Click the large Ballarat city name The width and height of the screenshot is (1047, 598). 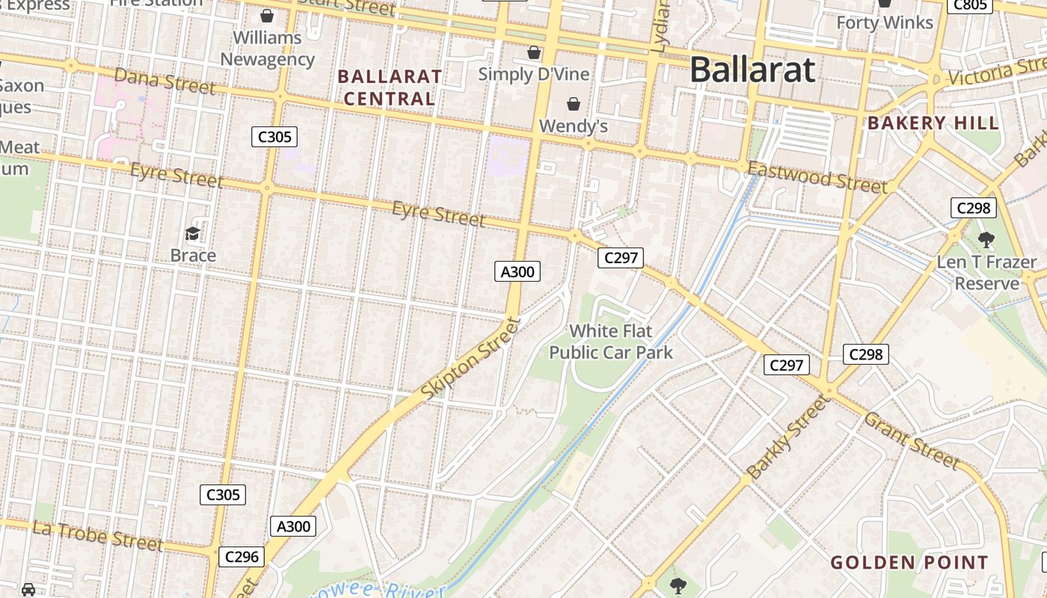(x=752, y=70)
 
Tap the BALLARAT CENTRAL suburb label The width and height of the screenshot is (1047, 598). (x=390, y=87)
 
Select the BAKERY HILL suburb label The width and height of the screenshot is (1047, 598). (x=933, y=123)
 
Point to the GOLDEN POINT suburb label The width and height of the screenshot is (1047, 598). (x=909, y=563)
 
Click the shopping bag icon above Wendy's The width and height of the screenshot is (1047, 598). (x=574, y=104)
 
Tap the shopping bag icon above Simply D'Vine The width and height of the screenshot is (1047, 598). (x=534, y=52)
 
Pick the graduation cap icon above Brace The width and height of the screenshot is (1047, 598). (x=193, y=233)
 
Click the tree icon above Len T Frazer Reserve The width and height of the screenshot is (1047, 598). (x=986, y=240)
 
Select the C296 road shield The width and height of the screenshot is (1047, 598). (x=242, y=557)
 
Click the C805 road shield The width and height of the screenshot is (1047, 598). (x=970, y=6)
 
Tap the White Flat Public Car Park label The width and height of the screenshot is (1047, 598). (x=611, y=342)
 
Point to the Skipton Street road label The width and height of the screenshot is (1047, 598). (x=470, y=358)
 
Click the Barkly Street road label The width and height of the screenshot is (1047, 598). (x=788, y=437)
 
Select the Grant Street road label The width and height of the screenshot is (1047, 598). (x=911, y=440)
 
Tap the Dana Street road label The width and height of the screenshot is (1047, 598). (x=165, y=81)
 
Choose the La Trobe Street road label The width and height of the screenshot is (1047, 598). (x=97, y=536)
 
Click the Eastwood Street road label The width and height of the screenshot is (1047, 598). (x=817, y=178)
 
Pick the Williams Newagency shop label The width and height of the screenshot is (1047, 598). (x=267, y=49)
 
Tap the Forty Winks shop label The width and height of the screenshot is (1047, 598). (x=885, y=22)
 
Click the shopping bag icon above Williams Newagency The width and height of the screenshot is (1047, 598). (x=267, y=15)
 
